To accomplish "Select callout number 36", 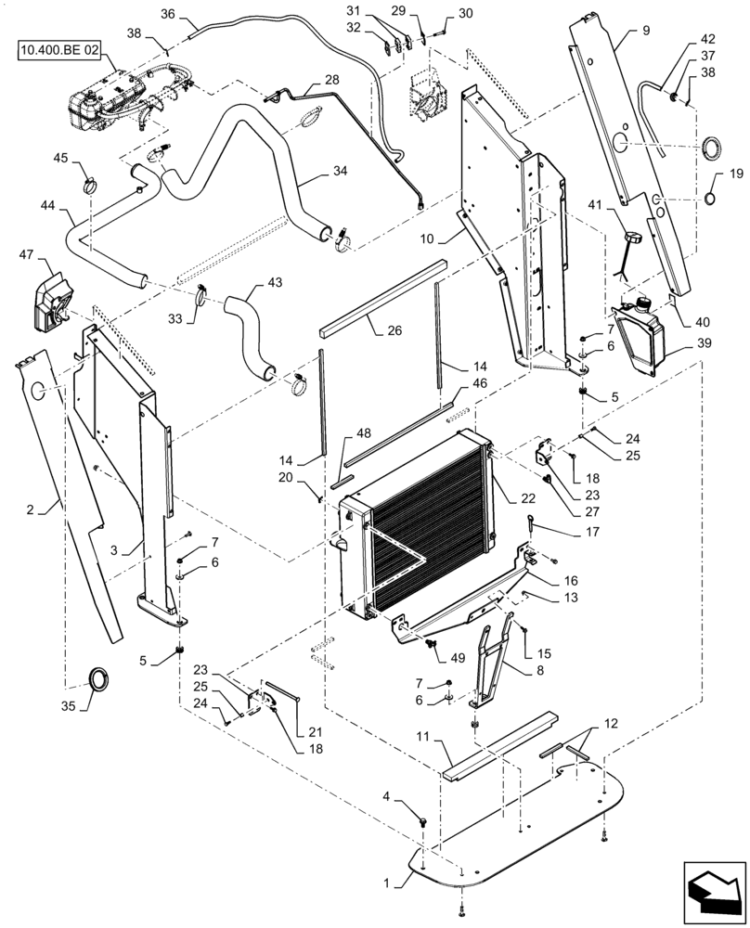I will (x=167, y=14).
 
